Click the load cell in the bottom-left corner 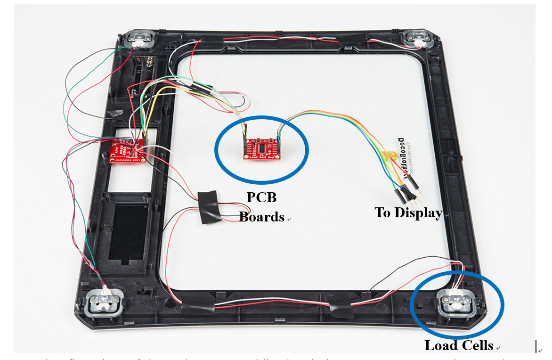[x=105, y=302]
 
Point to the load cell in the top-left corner [x=138, y=39]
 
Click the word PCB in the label [x=261, y=197]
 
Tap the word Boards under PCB [x=261, y=216]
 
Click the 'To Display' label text [x=408, y=213]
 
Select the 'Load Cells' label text [x=459, y=345]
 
